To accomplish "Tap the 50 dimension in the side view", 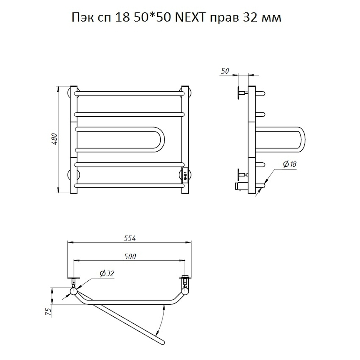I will [x=225, y=71].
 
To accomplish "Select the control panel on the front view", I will [x=185, y=174].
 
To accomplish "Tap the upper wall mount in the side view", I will [x=241, y=93].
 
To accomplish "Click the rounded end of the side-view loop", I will [x=303, y=140].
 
